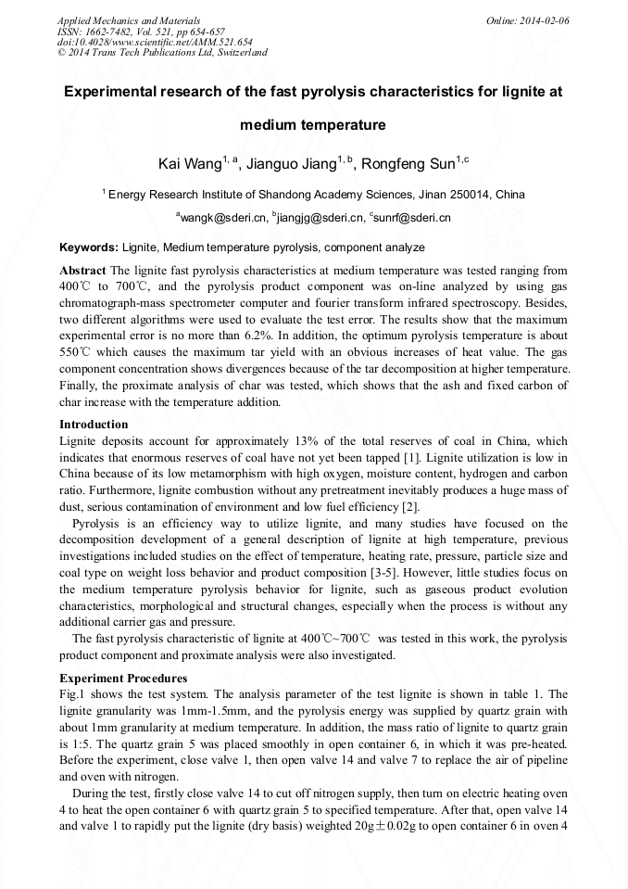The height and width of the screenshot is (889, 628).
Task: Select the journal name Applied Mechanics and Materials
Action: pyautogui.click(x=129, y=19)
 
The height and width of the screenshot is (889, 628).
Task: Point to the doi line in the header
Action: pyautogui.click(x=155, y=42)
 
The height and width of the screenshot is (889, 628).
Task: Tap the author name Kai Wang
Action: pyautogui.click(x=188, y=164)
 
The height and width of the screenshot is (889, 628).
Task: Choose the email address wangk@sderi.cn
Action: pyautogui.click(x=222, y=218)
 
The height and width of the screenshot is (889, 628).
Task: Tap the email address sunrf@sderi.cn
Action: pyautogui.click(x=412, y=218)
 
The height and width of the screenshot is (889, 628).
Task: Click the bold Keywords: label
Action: pyautogui.click(x=89, y=248)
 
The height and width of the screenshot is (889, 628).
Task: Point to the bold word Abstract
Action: pyautogui.click(x=82, y=271)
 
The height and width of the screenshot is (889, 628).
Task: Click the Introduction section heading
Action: pyautogui.click(x=94, y=425)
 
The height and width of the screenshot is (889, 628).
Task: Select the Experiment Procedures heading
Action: pyautogui.click(x=123, y=679)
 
